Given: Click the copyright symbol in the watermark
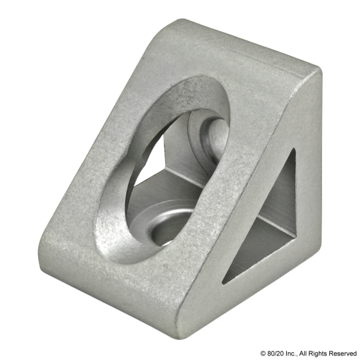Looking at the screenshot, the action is pyautogui.click(x=263, y=353).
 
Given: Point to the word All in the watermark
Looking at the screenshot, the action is pyautogui.click(x=303, y=353).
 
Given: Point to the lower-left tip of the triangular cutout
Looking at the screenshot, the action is pyautogui.click(x=222, y=283).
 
